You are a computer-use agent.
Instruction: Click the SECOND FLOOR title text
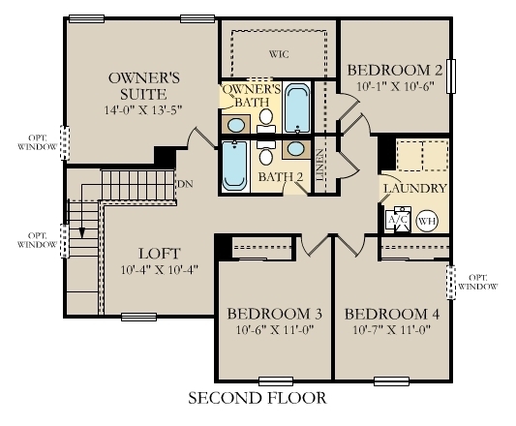coord(258,398)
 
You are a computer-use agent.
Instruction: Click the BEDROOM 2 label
coord(395,70)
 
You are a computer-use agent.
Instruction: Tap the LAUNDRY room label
coord(414,188)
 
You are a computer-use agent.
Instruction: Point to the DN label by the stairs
coord(184,183)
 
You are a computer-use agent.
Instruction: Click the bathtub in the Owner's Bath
coord(297,108)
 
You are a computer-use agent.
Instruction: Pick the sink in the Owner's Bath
coord(237,125)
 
